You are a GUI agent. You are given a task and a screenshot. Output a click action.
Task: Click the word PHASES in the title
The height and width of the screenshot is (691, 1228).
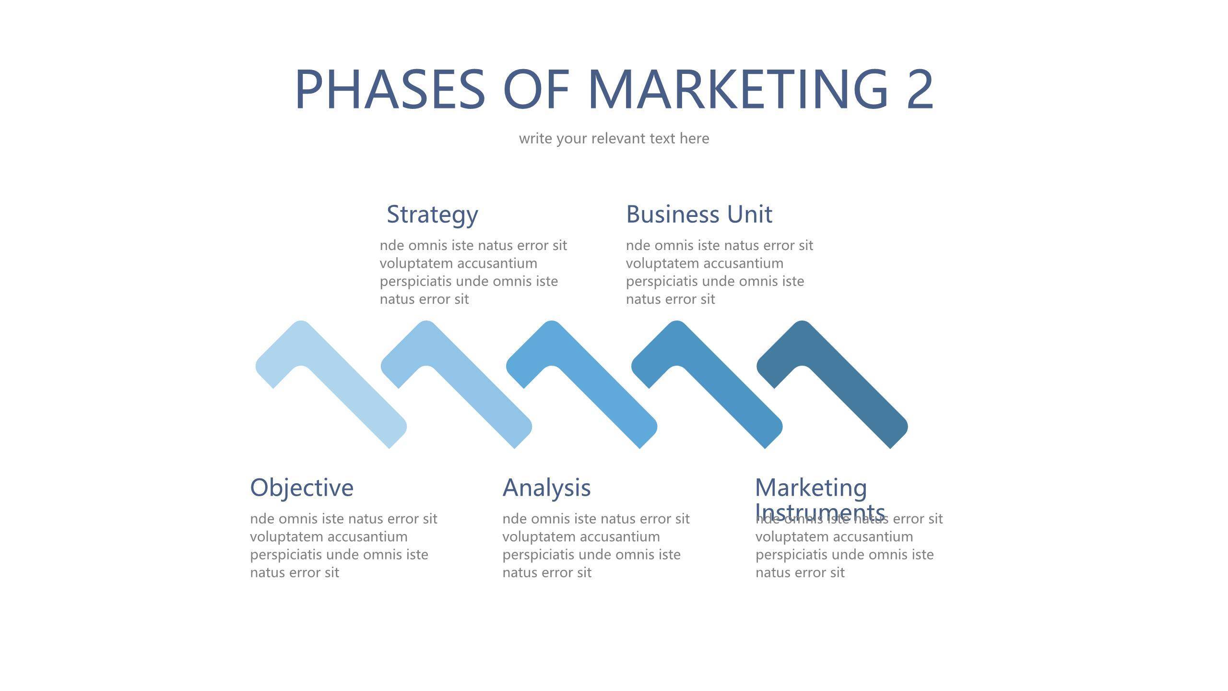click(x=390, y=89)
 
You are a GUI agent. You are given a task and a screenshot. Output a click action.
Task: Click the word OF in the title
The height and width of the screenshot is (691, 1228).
click(x=536, y=89)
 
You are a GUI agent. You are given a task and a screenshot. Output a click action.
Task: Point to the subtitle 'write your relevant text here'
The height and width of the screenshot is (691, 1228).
click(x=614, y=139)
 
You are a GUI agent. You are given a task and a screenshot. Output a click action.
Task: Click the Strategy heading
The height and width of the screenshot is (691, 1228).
click(x=432, y=214)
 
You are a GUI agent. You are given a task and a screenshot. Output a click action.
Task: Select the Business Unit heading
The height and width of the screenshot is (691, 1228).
click(x=699, y=214)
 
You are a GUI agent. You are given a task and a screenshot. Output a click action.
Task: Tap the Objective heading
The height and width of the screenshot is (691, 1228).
click(x=302, y=488)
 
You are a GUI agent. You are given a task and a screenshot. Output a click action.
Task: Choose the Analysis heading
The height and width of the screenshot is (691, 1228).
click(x=546, y=488)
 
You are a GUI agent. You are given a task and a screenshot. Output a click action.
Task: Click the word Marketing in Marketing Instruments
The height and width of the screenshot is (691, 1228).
click(x=811, y=488)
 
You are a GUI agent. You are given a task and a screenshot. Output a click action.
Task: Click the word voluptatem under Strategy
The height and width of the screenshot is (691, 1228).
click(x=417, y=263)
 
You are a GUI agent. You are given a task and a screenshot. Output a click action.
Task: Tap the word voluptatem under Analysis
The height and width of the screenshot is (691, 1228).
click(x=540, y=537)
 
